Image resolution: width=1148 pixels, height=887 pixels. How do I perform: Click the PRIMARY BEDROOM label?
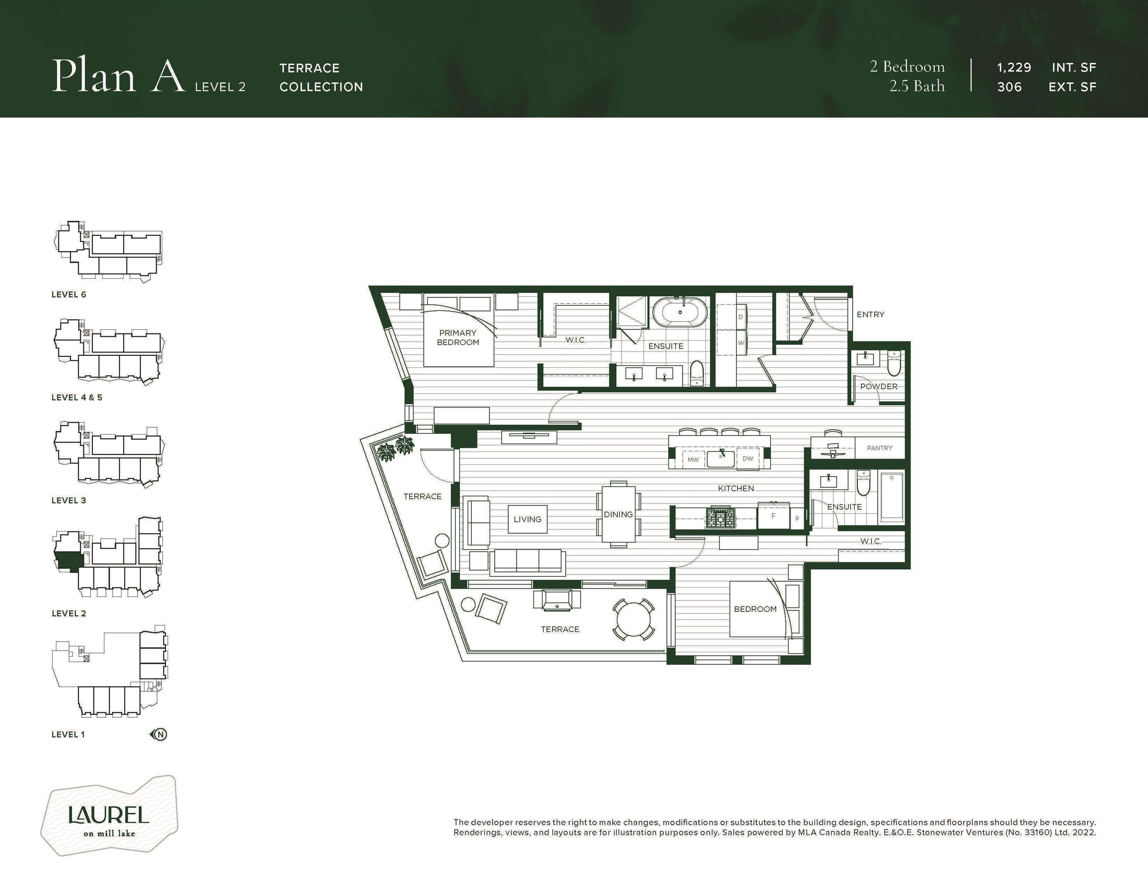(x=458, y=338)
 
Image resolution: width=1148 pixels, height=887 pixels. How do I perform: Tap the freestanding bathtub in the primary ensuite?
(x=680, y=312)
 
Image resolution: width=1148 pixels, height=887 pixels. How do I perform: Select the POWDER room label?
(x=879, y=386)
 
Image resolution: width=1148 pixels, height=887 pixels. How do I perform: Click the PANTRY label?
(x=880, y=448)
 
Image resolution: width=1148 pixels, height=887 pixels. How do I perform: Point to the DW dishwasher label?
(x=747, y=458)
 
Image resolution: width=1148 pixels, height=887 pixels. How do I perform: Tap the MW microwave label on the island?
(x=693, y=460)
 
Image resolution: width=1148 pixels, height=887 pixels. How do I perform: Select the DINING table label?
(x=618, y=514)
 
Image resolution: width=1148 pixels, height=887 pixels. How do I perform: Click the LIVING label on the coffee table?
(x=527, y=519)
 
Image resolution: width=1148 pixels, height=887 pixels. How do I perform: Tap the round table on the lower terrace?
(x=634, y=619)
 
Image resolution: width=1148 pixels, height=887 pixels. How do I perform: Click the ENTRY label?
(x=870, y=314)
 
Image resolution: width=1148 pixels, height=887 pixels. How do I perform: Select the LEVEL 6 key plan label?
(x=69, y=295)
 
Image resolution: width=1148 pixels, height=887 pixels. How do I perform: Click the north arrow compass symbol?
(x=159, y=735)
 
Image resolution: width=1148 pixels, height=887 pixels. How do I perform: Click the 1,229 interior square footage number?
(x=1014, y=68)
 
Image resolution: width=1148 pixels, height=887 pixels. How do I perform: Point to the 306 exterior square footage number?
(x=1009, y=87)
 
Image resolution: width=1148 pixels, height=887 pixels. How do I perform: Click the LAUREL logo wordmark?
(x=109, y=816)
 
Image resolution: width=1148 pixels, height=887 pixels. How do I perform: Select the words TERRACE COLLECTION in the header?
(x=321, y=77)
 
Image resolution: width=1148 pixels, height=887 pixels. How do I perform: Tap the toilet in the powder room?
(x=894, y=363)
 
